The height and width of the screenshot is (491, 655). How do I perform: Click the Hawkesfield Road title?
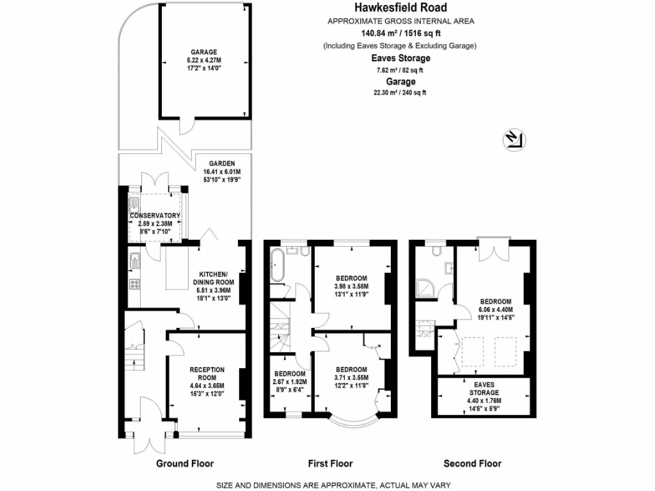coord(400,8)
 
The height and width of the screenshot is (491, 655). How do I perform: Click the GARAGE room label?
coord(203,52)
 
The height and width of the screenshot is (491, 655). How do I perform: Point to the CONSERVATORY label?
coord(155,215)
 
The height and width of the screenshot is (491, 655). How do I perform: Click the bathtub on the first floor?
coord(278,265)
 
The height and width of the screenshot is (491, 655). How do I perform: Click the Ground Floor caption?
coord(185,464)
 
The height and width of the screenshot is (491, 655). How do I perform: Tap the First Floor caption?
coord(331,464)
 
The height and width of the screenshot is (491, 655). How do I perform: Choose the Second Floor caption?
coord(473,464)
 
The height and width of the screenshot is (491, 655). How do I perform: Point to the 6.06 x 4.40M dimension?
coord(496,309)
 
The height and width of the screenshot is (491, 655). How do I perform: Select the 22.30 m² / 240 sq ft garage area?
coord(400,93)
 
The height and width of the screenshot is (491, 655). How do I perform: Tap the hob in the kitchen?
coord(135,284)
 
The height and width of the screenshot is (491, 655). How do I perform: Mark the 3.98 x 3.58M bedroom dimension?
coord(351,286)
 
